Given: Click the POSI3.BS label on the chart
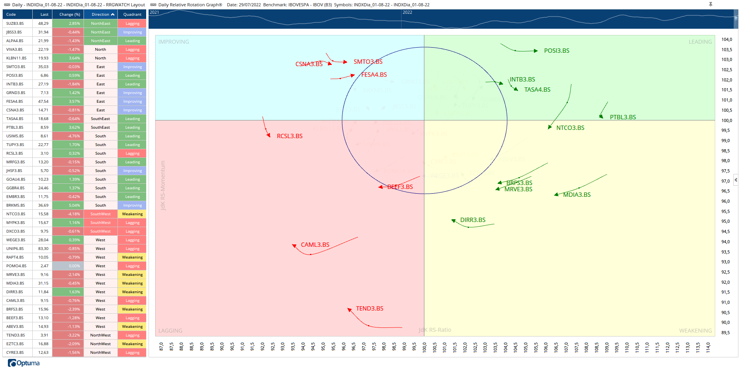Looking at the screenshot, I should pyautogui.click(x=556, y=51).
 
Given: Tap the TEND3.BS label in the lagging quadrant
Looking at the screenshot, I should pyautogui.click(x=369, y=309).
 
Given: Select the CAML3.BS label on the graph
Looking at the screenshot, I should pyautogui.click(x=315, y=245).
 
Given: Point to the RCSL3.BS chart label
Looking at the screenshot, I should pyautogui.click(x=290, y=136).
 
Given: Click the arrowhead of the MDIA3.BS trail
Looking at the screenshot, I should pyautogui.click(x=556, y=195).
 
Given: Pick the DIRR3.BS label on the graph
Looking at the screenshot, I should pyautogui.click(x=473, y=220).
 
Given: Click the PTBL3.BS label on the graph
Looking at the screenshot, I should pyautogui.click(x=623, y=117).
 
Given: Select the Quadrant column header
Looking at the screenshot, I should pyautogui.click(x=132, y=15).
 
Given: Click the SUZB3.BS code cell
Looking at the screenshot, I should pyautogui.click(x=15, y=24).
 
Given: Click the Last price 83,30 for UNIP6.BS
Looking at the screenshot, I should pyautogui.click(x=43, y=249).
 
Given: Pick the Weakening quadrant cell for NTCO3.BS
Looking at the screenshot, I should pyautogui.click(x=132, y=214).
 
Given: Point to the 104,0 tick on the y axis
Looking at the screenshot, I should pyautogui.click(x=727, y=40).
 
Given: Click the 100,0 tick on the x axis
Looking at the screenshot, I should pyautogui.click(x=424, y=347).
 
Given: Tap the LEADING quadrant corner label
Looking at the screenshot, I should pyautogui.click(x=700, y=42).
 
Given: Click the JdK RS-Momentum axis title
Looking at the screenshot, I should pyautogui.click(x=163, y=185).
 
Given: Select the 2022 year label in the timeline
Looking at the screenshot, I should pyautogui.click(x=407, y=13).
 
